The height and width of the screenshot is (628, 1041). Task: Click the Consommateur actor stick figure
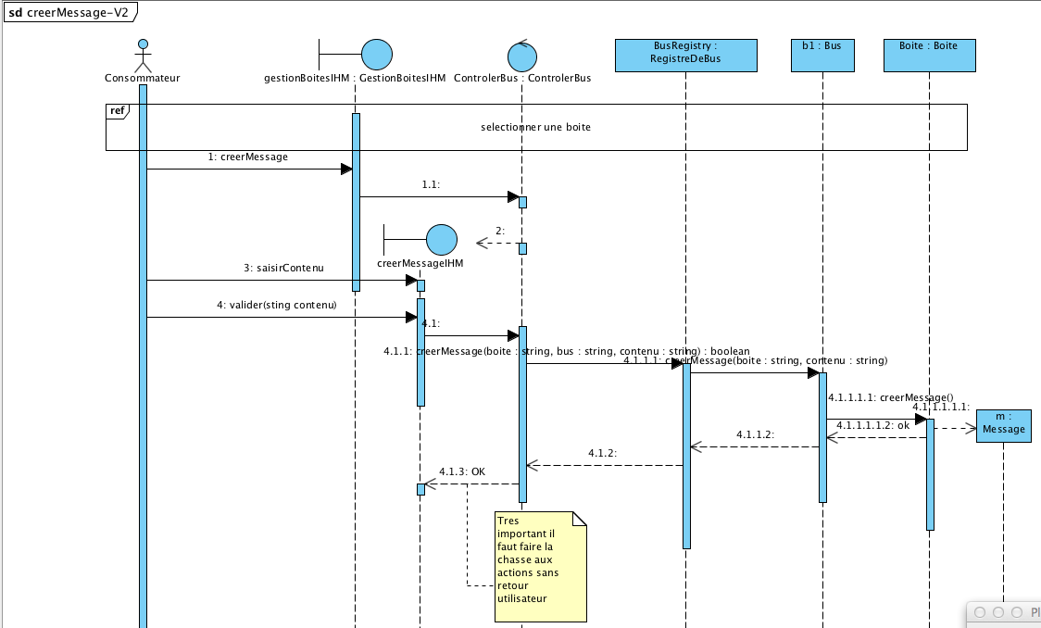[142, 56]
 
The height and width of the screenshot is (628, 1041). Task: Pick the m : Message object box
[1003, 423]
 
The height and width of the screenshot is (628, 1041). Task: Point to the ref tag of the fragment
[118, 110]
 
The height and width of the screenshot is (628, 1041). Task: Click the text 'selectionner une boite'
[535, 127]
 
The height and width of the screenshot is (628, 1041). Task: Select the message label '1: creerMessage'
[248, 157]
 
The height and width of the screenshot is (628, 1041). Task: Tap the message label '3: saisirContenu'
[283, 269]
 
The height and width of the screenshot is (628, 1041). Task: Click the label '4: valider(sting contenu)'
[276, 305]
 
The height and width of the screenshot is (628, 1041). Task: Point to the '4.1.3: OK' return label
[462, 471]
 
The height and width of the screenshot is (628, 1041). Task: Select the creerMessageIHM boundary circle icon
[443, 240]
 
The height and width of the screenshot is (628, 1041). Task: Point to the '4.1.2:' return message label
[602, 453]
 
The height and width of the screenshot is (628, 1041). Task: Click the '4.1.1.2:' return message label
[755, 434]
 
